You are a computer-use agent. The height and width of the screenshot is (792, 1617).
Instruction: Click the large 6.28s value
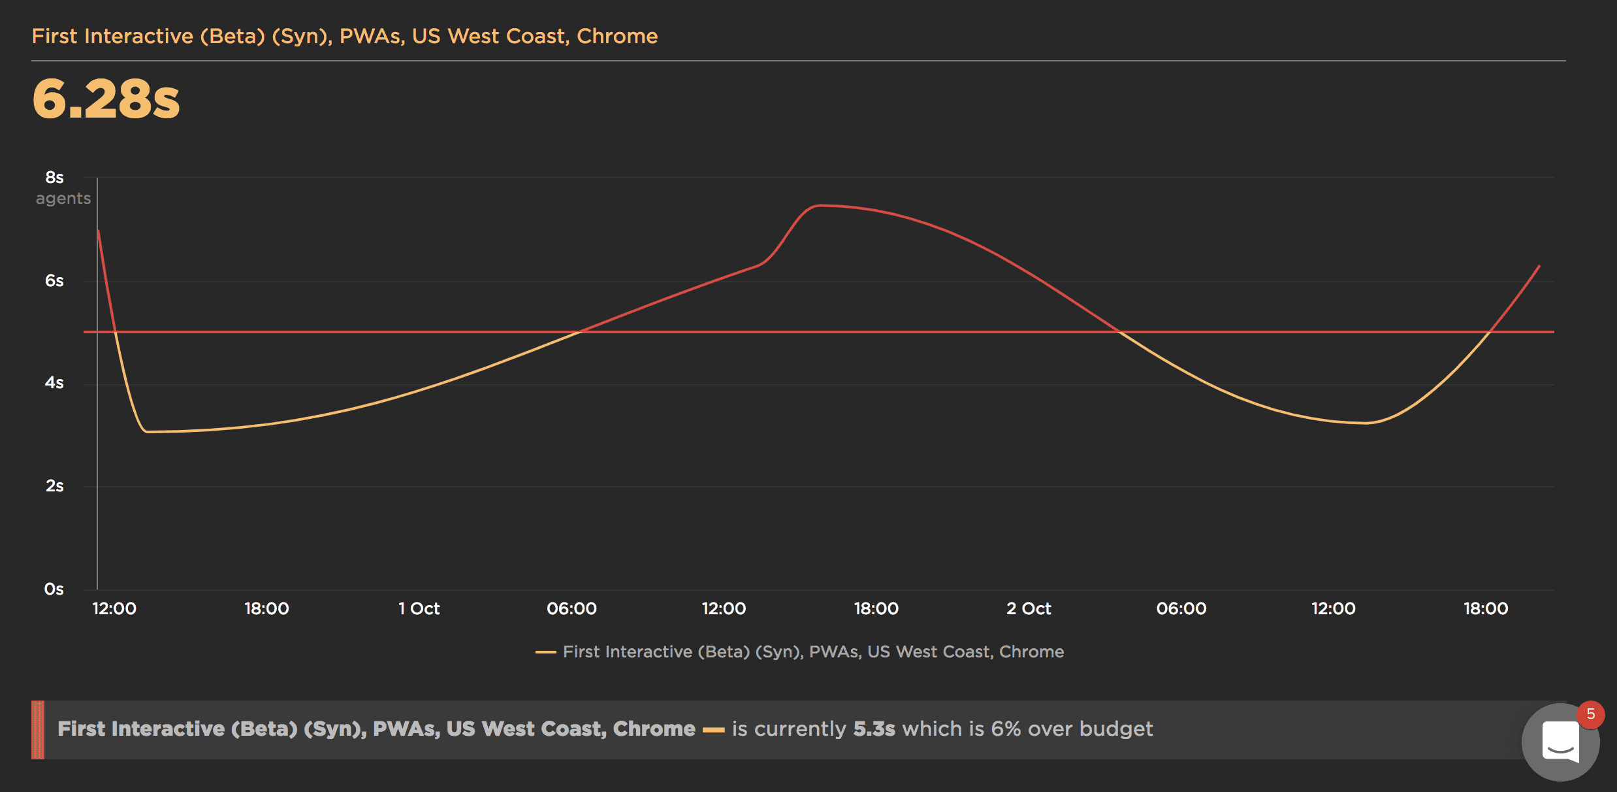point(106,99)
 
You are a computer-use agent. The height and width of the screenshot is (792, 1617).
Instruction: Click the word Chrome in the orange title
point(616,37)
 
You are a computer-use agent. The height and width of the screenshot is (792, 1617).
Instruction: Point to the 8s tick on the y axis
point(55,178)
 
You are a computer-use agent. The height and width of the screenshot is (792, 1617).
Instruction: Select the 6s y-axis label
point(55,281)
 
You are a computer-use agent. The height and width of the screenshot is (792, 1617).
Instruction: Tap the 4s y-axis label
point(55,383)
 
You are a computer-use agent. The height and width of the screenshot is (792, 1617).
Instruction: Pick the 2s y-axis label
point(55,486)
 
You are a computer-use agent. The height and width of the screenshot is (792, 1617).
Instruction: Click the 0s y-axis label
point(54,589)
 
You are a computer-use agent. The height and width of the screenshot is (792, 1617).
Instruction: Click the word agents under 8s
point(63,199)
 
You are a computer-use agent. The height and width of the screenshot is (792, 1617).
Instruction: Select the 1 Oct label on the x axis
point(419,609)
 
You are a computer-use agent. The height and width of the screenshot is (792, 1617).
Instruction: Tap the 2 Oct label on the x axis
point(1029,609)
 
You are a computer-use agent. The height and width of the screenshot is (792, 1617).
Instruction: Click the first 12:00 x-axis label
point(114,609)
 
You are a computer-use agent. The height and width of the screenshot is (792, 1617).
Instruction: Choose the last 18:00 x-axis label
point(1486,609)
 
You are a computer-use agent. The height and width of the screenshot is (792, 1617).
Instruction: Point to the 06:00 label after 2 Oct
point(1181,609)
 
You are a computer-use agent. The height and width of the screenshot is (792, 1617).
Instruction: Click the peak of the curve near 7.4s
point(820,206)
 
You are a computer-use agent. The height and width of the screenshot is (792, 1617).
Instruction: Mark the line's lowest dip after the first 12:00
point(147,431)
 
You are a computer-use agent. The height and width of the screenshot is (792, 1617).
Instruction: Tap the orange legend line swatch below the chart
point(545,652)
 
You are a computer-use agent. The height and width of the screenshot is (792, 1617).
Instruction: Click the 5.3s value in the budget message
point(874,729)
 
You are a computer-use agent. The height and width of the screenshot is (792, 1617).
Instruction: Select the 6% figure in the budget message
point(1006,729)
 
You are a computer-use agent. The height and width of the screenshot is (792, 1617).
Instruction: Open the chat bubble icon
point(1560,742)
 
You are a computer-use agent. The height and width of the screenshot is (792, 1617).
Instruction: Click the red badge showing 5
point(1591,714)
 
